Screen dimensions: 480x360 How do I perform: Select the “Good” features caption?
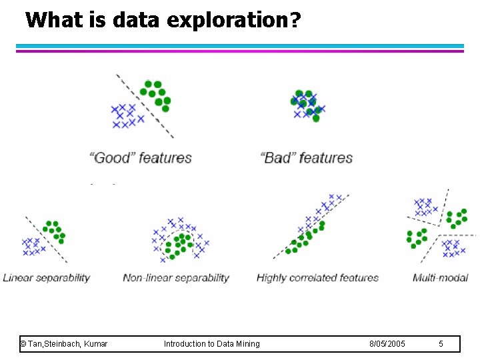(x=141, y=158)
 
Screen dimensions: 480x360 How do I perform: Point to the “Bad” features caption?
(x=307, y=158)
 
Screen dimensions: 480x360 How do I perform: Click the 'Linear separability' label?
(x=47, y=278)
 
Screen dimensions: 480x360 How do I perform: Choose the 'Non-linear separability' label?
(x=176, y=278)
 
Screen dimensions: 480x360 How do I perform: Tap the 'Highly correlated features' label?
(x=317, y=278)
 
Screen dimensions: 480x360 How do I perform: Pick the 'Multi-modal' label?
(x=441, y=278)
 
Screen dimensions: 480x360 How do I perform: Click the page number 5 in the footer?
(x=441, y=344)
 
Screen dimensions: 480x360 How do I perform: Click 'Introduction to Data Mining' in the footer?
(x=212, y=344)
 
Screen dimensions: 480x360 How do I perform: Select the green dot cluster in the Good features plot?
(x=156, y=95)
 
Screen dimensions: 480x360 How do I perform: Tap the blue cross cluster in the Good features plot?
(x=125, y=115)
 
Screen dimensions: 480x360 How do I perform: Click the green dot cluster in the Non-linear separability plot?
(x=179, y=245)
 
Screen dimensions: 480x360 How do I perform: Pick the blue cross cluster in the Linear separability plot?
(x=31, y=246)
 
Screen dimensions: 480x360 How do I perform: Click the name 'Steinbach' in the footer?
(x=62, y=344)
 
